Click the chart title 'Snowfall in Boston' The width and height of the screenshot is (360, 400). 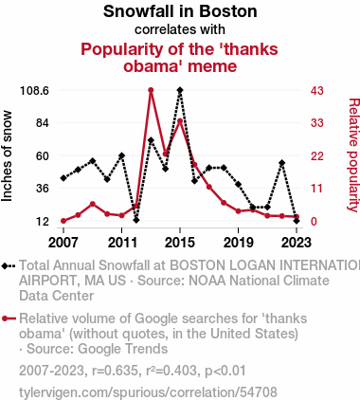180,11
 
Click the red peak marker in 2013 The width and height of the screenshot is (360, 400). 151,90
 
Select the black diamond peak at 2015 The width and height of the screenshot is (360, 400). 180,90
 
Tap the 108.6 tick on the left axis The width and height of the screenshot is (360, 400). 34,91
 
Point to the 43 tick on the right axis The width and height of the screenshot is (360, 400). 317,91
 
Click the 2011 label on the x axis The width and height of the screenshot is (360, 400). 122,243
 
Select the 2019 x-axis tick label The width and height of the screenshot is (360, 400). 239,243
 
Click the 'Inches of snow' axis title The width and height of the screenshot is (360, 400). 7,155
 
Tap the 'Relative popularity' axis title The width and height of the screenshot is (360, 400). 353,155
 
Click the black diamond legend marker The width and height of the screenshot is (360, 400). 5,266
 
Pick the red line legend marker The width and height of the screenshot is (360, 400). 9,318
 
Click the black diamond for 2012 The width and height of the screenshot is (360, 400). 136,220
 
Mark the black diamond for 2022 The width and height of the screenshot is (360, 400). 282,163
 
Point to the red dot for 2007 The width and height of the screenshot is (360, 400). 63,221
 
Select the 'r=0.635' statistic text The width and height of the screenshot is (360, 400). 116,371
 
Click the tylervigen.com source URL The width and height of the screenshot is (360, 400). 148,392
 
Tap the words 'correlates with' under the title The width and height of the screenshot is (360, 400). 180,29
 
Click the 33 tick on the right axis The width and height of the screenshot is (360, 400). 317,122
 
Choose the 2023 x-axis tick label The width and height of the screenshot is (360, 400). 297,243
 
